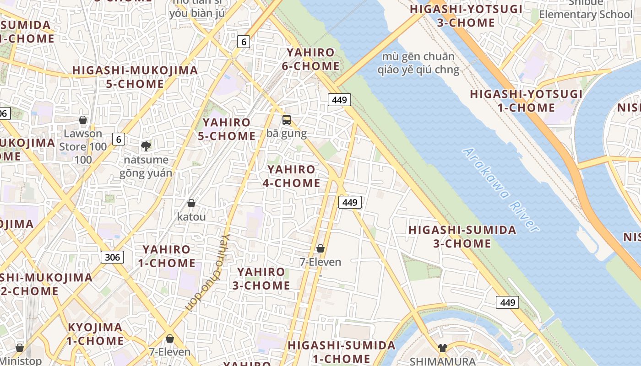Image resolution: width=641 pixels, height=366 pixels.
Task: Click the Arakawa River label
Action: [x=501, y=189]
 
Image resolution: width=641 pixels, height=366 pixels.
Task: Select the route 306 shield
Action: [x=112, y=257]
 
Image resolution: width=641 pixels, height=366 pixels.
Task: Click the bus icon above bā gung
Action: [x=287, y=120]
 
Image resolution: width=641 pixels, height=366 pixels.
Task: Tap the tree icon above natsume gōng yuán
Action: [x=146, y=146]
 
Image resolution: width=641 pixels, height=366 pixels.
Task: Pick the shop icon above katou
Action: [x=191, y=203]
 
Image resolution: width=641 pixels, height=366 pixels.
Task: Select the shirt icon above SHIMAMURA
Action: [x=442, y=348]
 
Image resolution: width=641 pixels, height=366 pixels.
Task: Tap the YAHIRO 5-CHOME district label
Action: [x=227, y=129]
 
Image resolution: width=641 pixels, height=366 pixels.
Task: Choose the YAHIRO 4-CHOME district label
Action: [x=291, y=176]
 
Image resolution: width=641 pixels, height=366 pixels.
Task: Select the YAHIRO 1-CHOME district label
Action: [x=167, y=256]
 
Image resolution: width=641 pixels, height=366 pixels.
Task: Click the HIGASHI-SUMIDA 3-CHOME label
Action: [x=462, y=237]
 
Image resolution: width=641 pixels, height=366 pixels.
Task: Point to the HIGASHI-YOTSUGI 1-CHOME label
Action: [x=526, y=101]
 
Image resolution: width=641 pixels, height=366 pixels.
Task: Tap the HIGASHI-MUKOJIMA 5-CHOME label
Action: [x=135, y=77]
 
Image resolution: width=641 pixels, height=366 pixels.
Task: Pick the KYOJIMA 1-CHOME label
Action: [x=95, y=334]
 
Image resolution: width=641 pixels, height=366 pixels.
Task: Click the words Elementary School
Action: [x=585, y=14]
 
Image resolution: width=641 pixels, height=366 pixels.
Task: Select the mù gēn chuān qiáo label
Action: [x=418, y=63]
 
